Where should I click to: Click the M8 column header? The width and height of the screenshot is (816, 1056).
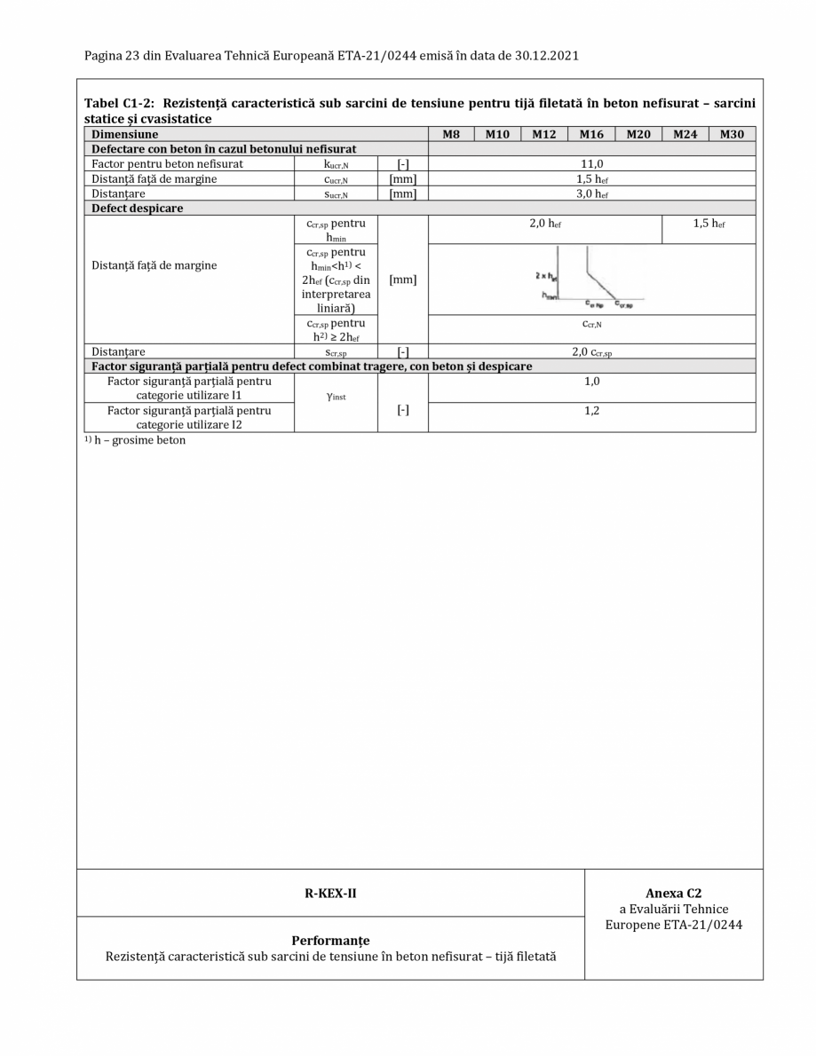pos(451,134)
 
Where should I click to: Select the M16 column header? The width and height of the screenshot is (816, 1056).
pos(591,134)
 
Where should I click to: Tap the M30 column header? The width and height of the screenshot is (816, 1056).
pos(732,134)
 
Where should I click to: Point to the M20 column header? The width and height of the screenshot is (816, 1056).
pos(638,134)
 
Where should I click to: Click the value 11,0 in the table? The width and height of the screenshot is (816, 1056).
pos(591,164)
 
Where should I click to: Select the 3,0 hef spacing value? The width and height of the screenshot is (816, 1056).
pos(591,193)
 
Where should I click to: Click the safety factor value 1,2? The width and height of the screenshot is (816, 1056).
pos(591,411)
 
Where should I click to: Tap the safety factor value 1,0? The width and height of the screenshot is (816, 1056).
pos(591,382)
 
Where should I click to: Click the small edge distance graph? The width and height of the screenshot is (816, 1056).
pos(586,280)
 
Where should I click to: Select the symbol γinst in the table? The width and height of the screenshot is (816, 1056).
pos(336,397)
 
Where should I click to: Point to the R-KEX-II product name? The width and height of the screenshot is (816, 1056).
pos(330,893)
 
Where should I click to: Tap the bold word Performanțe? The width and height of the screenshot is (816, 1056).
pos(330,941)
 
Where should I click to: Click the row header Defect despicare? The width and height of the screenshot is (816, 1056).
pos(132,209)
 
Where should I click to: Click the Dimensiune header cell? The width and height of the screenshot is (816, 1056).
pos(126,134)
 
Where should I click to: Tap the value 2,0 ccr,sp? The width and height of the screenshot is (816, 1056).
pos(591,352)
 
